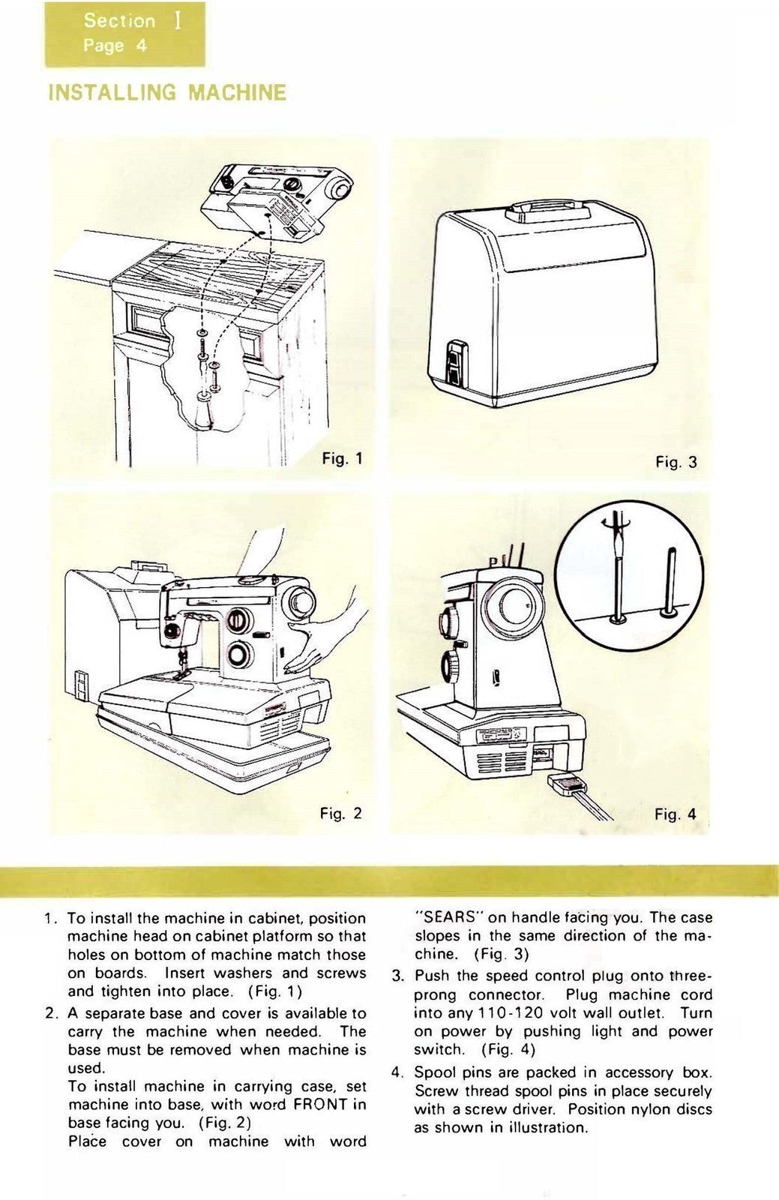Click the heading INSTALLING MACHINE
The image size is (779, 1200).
pyautogui.click(x=166, y=93)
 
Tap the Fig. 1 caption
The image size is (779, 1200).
pyautogui.click(x=342, y=457)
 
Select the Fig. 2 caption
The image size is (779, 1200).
pyautogui.click(x=340, y=813)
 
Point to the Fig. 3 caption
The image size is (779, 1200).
pyautogui.click(x=676, y=462)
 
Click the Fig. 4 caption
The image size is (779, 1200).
pyautogui.click(x=675, y=814)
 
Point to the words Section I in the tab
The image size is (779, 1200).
pyautogui.click(x=131, y=20)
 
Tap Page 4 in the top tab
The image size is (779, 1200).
pyautogui.click(x=115, y=45)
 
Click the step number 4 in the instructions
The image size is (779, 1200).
pyautogui.click(x=397, y=1073)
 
